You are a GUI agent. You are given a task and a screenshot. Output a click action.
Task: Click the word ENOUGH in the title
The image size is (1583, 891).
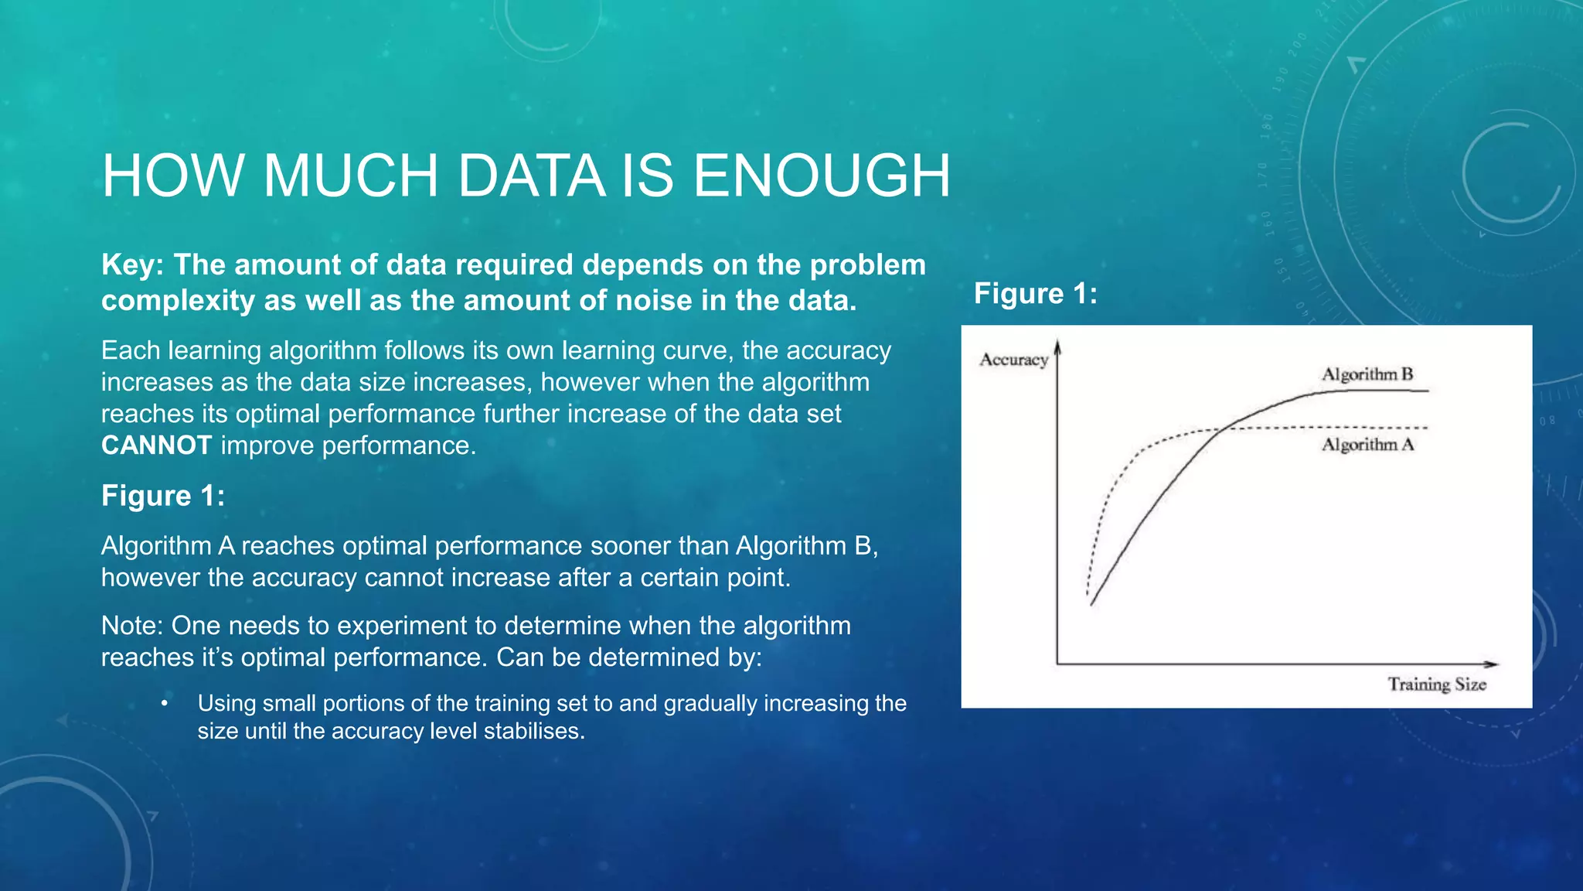click(821, 176)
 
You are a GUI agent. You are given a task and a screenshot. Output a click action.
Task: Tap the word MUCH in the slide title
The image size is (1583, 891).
click(352, 176)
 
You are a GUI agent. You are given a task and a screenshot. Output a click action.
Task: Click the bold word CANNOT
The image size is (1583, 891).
click(157, 445)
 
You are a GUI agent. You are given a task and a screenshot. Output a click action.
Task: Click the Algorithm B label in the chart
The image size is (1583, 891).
click(1367, 374)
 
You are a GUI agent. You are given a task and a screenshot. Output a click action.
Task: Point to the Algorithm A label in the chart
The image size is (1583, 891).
click(1367, 445)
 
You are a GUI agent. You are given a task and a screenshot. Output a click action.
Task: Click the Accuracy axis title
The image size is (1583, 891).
click(1013, 360)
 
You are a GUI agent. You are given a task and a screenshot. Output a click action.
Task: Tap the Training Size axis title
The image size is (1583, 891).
click(1437, 684)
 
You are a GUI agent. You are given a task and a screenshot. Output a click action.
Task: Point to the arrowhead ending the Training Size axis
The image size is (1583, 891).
click(1493, 664)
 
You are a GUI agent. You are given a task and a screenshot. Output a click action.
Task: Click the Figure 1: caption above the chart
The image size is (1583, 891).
click(1036, 294)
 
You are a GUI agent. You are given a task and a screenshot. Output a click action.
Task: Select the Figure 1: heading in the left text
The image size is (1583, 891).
click(163, 496)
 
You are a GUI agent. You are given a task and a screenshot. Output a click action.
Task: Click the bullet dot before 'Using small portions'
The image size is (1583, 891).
click(165, 704)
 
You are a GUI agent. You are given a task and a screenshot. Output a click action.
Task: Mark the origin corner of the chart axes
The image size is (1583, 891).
click(1057, 664)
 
